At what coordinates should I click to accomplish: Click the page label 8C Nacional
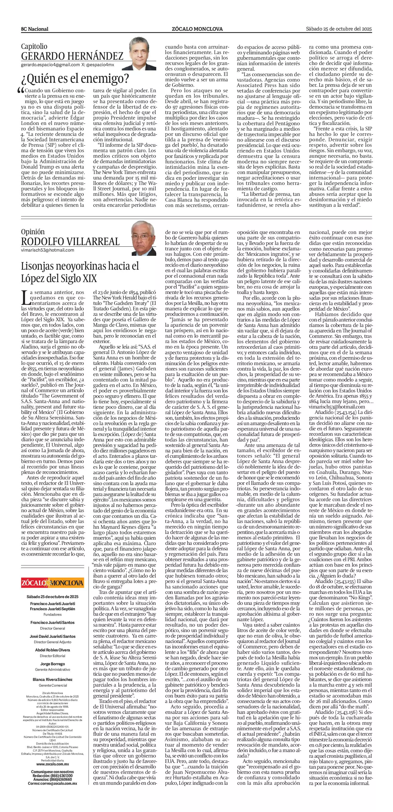[35, 29]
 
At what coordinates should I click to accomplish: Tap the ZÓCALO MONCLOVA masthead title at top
[197, 29]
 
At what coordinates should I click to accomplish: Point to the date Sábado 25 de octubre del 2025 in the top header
[339, 29]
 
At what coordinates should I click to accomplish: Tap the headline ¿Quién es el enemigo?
[75, 78]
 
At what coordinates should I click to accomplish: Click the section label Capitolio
[34, 46]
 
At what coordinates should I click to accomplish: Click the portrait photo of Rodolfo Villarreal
[144, 238]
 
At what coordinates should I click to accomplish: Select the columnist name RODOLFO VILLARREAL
[70, 241]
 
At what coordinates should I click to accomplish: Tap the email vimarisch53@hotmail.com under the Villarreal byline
[48, 250]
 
